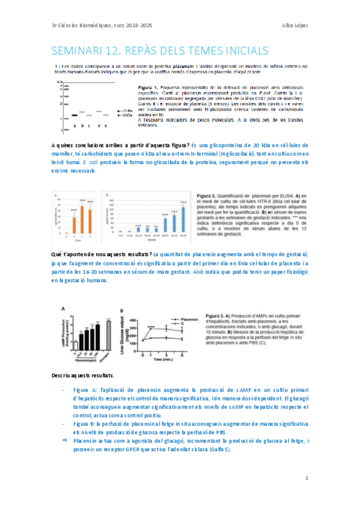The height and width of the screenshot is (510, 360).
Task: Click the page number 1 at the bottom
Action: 306,478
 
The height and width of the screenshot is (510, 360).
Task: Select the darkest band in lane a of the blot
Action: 75,114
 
